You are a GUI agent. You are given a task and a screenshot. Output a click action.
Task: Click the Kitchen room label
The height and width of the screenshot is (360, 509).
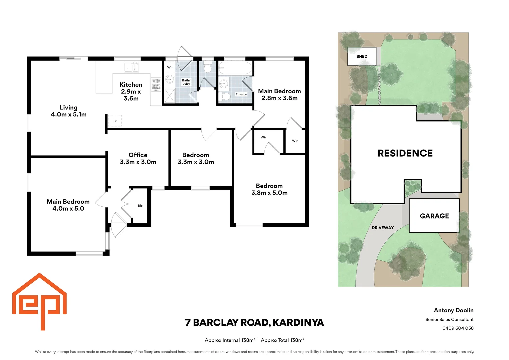(x=131, y=91)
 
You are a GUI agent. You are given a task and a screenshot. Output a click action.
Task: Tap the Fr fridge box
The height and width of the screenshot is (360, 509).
(x=115, y=121)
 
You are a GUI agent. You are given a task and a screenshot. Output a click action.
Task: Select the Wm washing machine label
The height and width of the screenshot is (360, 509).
(x=170, y=67)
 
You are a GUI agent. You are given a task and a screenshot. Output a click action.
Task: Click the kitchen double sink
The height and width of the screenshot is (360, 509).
(x=131, y=67)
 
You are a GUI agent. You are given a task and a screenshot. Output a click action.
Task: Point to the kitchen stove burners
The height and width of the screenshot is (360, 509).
(x=156, y=84)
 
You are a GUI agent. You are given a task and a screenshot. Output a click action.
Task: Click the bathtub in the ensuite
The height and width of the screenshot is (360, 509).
(x=235, y=68)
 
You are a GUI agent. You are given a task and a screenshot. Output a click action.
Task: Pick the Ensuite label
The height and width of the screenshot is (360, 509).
(x=241, y=94)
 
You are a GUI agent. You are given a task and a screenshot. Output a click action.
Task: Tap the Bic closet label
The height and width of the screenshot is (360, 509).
(x=140, y=206)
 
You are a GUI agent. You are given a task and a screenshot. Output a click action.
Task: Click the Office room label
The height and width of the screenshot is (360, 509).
(x=138, y=158)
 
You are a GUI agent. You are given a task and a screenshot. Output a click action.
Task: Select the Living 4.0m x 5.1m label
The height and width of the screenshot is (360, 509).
(x=69, y=111)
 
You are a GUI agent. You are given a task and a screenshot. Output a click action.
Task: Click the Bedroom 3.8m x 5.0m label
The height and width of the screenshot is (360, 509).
(x=269, y=189)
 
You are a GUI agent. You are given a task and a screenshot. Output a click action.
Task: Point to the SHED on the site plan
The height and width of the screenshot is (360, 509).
(x=362, y=56)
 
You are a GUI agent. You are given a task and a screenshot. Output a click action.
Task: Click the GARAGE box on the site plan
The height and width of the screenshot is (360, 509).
(x=434, y=216)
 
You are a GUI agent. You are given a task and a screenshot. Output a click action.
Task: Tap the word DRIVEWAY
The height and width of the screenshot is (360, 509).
(x=383, y=228)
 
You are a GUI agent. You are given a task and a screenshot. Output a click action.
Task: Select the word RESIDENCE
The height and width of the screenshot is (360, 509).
(x=405, y=153)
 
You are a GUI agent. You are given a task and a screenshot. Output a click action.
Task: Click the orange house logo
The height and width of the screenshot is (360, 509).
(x=39, y=301)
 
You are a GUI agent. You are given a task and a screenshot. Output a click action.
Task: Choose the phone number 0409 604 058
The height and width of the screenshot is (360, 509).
(x=458, y=328)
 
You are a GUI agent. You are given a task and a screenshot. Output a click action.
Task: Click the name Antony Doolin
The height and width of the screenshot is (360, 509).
(x=454, y=310)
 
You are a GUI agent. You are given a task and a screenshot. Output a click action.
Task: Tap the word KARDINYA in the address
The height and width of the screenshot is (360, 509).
(x=298, y=322)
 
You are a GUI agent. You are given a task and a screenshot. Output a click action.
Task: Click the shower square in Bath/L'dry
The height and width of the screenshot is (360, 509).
(x=170, y=96)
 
